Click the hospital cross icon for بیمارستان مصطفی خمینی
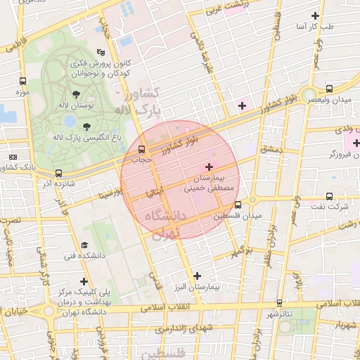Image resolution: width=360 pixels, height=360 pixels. pos(209,166)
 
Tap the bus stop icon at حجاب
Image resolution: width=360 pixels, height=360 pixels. pos(142,149)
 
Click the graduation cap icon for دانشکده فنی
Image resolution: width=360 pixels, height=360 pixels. pos(84,245)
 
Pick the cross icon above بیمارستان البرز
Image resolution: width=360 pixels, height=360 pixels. pos(196,276)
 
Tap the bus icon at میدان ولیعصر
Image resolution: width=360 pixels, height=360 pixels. pos(329,89)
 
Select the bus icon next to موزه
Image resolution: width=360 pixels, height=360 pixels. pos(23,81)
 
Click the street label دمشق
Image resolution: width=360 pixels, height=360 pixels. pos(270,150)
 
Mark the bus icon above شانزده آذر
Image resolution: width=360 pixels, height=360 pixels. pos(58,173)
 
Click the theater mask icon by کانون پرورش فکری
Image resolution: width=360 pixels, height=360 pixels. pos(101,51)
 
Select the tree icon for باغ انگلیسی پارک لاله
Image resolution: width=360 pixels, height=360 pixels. pos(86,127)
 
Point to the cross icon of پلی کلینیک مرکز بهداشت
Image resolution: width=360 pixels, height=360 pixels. pos(84,281)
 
